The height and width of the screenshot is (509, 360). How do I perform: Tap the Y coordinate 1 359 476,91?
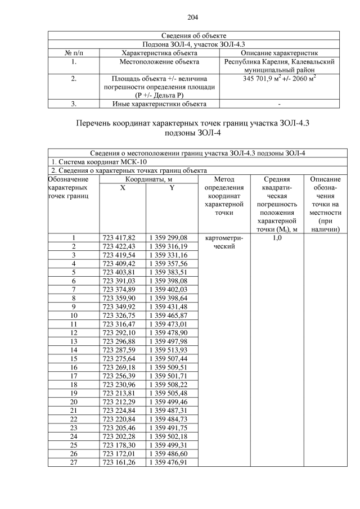168,462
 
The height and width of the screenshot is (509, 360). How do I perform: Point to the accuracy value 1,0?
277,238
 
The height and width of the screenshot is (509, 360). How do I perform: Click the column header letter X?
123,188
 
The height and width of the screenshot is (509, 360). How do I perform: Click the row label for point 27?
74,462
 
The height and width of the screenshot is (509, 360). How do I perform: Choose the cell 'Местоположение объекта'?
159,61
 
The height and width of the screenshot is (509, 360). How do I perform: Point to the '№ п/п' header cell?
74,52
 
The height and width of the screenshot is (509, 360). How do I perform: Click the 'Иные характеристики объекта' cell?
159,104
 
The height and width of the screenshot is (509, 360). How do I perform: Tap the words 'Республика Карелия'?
256,61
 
